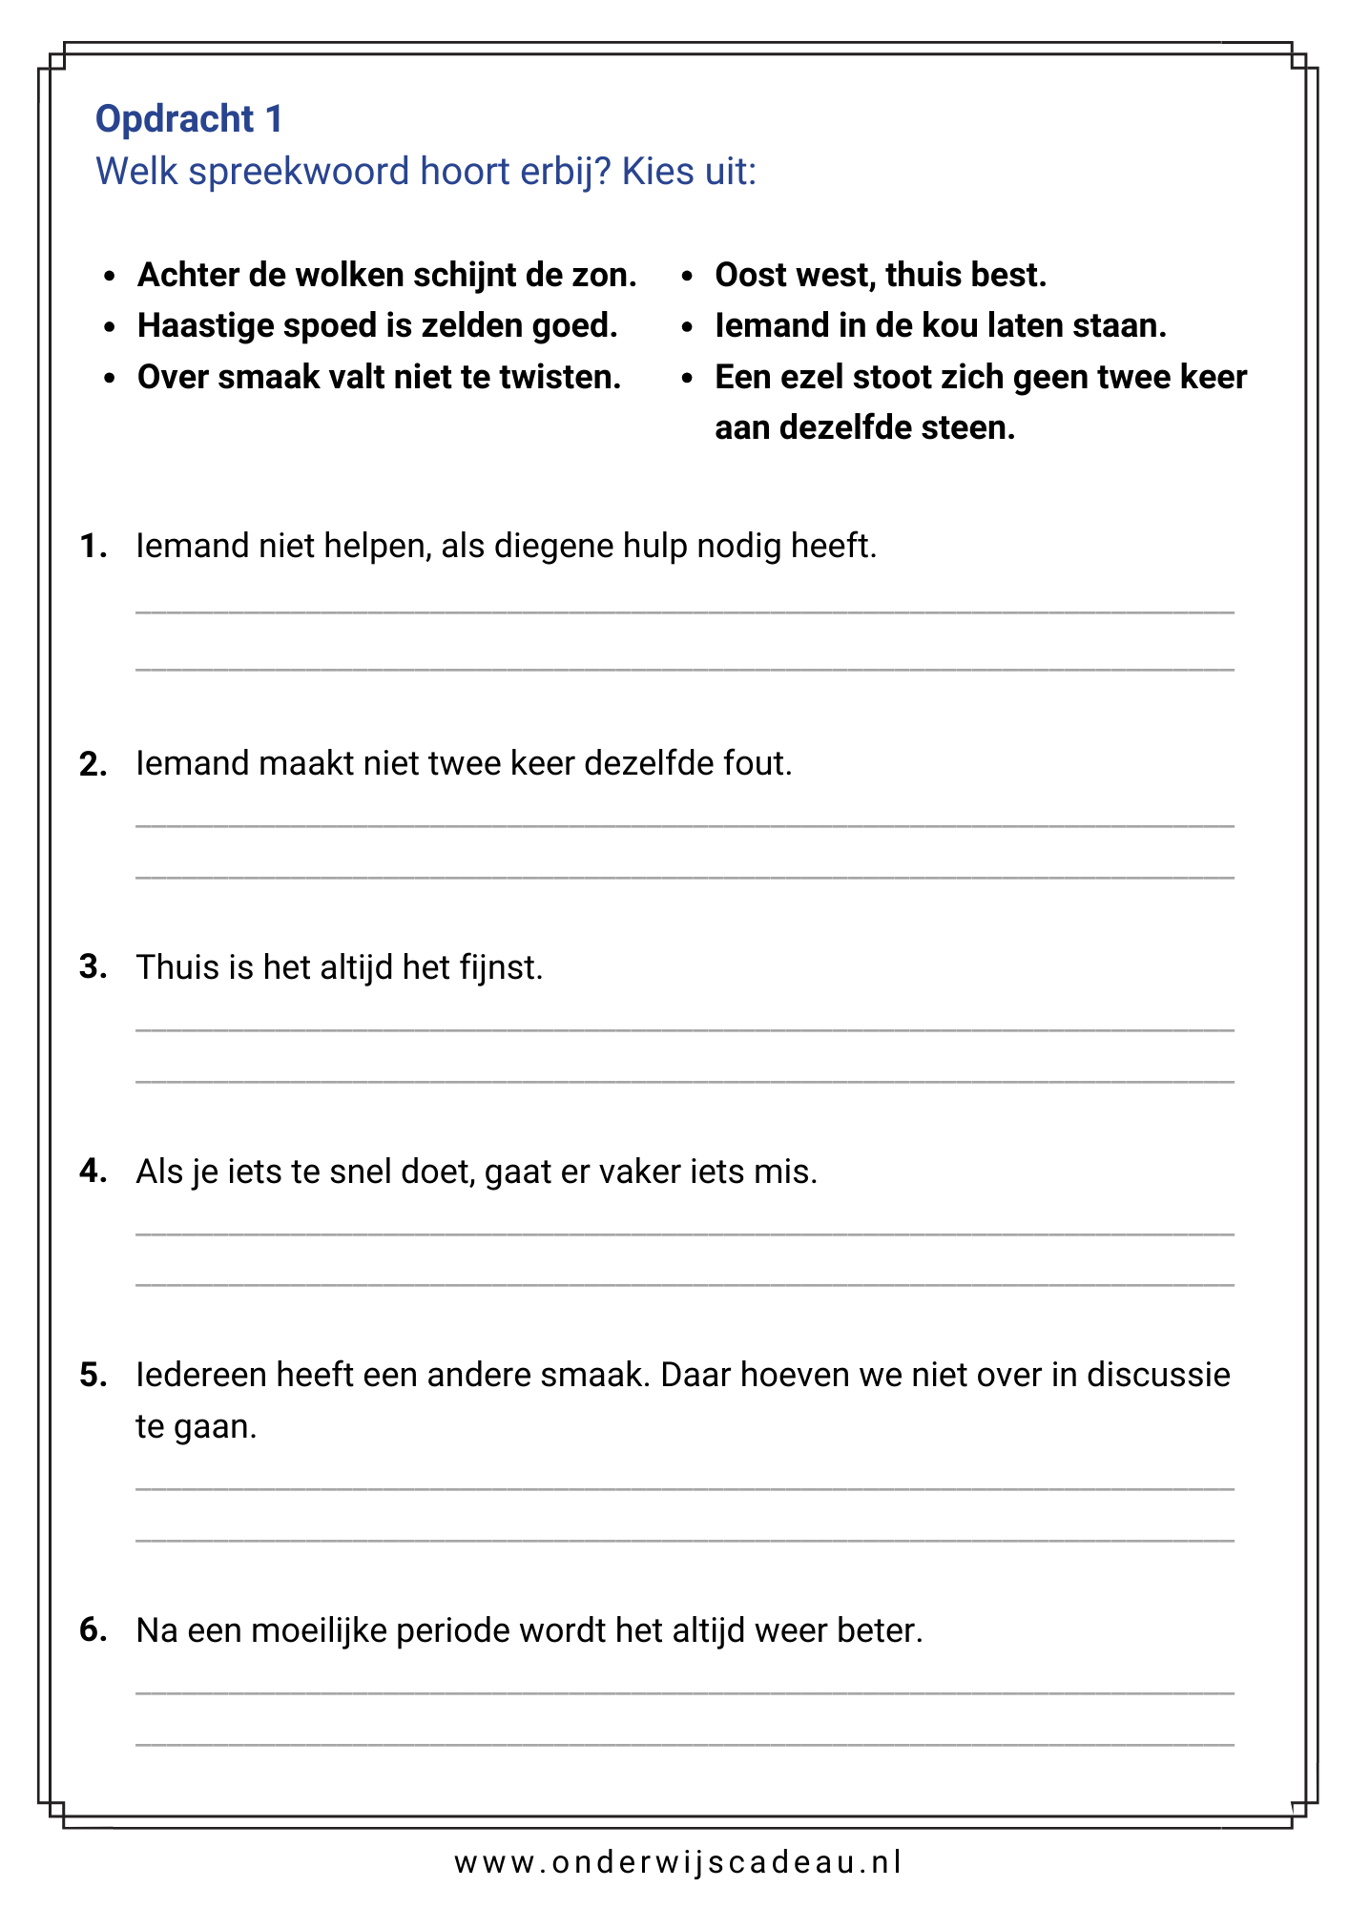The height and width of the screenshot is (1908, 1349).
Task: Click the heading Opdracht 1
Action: [189, 119]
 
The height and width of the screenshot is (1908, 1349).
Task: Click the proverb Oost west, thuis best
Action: [881, 275]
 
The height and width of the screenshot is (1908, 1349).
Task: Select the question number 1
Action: [92, 547]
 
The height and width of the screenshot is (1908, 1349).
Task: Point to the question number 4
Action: [93, 1172]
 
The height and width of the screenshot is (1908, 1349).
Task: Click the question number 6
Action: [93, 1630]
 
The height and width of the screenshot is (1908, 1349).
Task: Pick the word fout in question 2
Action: [758, 764]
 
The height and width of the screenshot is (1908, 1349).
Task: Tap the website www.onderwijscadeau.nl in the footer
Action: [677, 1862]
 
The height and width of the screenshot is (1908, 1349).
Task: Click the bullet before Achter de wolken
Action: [111, 276]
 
